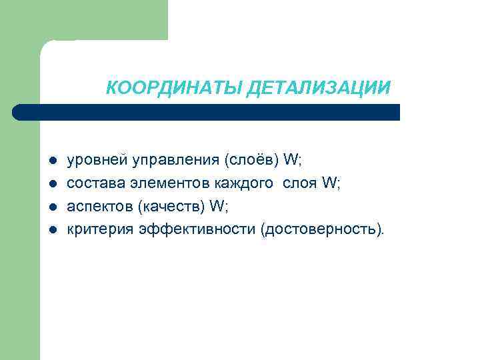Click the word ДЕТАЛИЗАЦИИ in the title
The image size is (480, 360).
[x=318, y=88]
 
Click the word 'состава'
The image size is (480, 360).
[x=91, y=183]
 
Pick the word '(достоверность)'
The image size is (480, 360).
[x=323, y=230]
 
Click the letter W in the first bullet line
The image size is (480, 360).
[x=291, y=161]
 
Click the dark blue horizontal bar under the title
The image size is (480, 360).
[x=207, y=112]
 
